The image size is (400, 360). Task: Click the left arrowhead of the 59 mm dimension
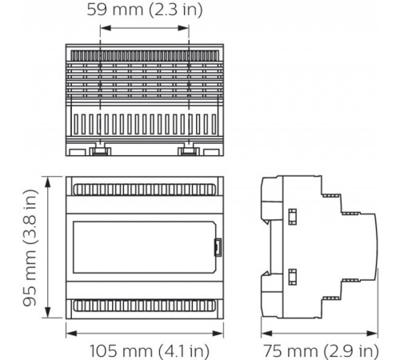(x=103, y=27)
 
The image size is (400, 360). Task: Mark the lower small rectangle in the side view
(x=292, y=276)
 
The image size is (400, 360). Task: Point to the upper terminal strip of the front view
(x=144, y=190)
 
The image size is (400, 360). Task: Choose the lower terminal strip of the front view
(x=144, y=306)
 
